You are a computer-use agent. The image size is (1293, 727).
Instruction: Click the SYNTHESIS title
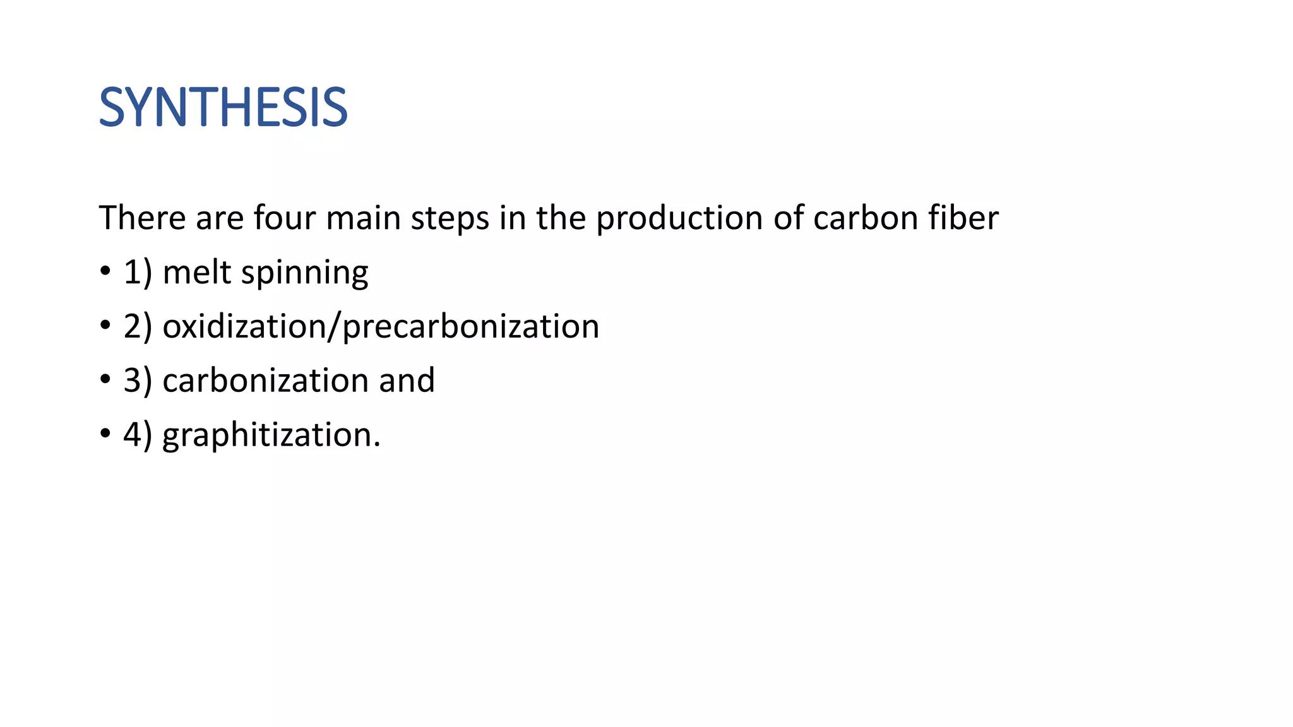coord(223,108)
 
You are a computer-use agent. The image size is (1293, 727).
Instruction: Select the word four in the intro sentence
coord(284,218)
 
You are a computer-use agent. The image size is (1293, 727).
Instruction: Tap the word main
coord(364,218)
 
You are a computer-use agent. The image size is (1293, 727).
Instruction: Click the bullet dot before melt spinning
coord(105,272)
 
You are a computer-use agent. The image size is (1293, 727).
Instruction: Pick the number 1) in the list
coord(138,273)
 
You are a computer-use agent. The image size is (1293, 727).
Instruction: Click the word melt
coord(196,273)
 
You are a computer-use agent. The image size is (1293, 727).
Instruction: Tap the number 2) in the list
coord(138,327)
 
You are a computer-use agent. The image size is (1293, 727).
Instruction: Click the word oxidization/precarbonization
coord(381,327)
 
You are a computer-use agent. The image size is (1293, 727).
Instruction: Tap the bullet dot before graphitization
coord(105,435)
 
